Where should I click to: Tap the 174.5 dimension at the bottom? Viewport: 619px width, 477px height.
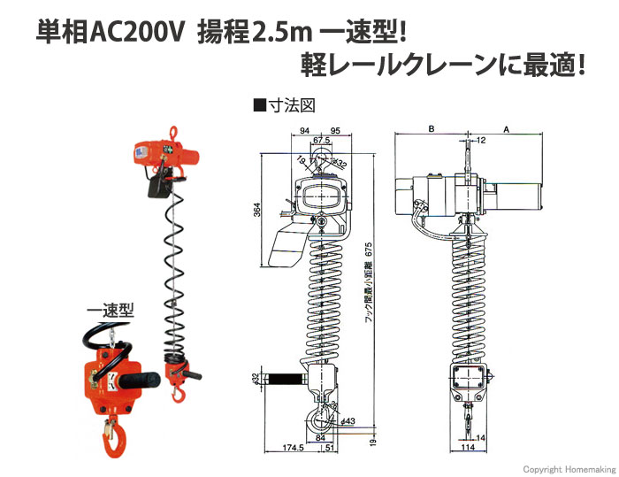pos(294,448)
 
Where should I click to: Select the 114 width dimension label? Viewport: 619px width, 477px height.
pos(468,447)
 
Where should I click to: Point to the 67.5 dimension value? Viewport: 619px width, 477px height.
pos(322,141)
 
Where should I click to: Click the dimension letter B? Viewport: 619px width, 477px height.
pos(432,129)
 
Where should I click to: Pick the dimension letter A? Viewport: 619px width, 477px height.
pos(507,129)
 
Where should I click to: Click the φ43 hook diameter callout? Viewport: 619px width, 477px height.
pos(348,421)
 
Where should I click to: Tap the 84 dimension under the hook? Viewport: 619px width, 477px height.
pos(320,437)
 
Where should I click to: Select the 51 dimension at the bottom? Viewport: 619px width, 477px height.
pos(330,448)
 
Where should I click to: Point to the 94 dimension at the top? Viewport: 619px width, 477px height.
pos(304,130)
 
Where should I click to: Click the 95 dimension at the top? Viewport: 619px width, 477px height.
pos(335,130)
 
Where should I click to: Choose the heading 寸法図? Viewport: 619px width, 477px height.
pos(291,106)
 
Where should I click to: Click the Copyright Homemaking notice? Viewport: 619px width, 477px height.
pos(569,469)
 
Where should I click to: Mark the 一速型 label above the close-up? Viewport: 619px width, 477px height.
pos(111,311)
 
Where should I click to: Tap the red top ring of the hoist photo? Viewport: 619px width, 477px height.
pos(173,133)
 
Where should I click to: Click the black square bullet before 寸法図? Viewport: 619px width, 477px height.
pos(260,106)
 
